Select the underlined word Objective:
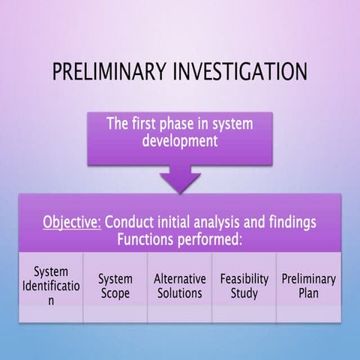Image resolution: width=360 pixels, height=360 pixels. pos(72,223)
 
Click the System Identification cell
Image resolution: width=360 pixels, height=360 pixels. pos(50,285)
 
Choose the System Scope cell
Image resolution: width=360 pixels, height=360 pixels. pos(115,285)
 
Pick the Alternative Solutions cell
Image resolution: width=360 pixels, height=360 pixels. pos(180,285)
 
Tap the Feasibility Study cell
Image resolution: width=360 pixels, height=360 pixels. pos(244,285)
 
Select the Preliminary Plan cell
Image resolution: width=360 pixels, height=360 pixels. pos(309,285)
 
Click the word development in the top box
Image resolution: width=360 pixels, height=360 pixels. pos(180,141)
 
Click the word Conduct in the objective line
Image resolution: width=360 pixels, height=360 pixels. pos(130,223)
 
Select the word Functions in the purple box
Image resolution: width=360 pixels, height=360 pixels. pos(148,239)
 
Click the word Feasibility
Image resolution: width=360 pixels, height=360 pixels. pos(244,278)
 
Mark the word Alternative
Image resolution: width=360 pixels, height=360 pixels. pos(180,278)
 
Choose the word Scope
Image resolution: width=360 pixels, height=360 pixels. pos(115,292)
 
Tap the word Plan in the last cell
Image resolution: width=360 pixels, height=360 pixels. pos(309,292)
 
